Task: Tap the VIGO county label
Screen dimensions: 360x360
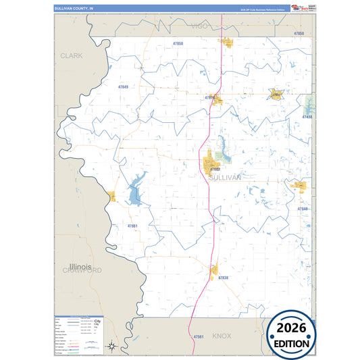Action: point(200,26)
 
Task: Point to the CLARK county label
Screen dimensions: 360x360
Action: point(71,55)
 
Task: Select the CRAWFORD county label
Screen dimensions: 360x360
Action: point(82,270)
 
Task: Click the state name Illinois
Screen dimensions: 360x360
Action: point(80,267)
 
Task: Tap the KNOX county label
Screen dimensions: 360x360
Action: point(222,335)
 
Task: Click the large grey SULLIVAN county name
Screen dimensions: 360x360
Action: point(224,177)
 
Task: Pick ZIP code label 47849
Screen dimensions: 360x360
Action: point(122,87)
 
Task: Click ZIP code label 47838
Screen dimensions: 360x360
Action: point(223,278)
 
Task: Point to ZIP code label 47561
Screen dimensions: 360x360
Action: point(198,336)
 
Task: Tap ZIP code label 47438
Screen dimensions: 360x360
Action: point(307,117)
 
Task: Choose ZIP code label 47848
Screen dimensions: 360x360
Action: point(303,209)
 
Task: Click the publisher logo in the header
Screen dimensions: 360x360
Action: point(298,7)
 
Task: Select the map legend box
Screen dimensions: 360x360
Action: point(79,334)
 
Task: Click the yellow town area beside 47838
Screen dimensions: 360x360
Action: point(213,272)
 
